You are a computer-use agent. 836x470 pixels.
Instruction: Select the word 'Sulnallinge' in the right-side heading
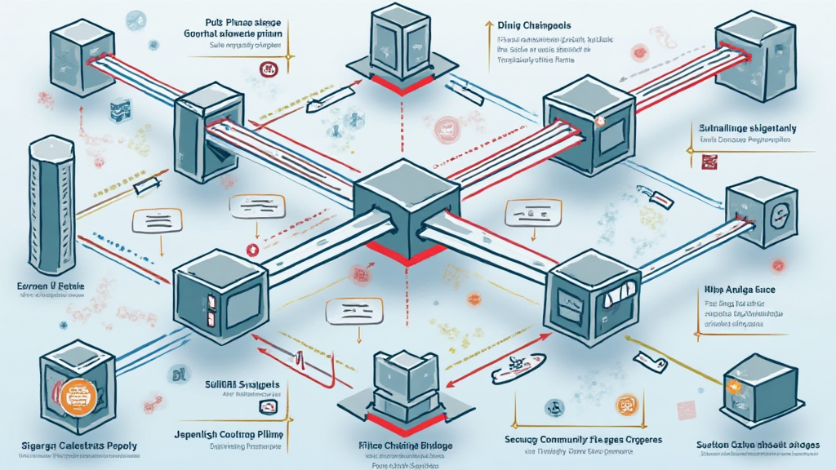[724, 128]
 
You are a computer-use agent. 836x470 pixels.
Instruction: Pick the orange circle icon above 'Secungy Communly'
[626, 404]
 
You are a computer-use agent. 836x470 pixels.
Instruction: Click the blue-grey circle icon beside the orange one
[554, 406]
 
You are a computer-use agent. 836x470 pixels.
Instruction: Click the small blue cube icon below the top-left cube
[120, 107]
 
